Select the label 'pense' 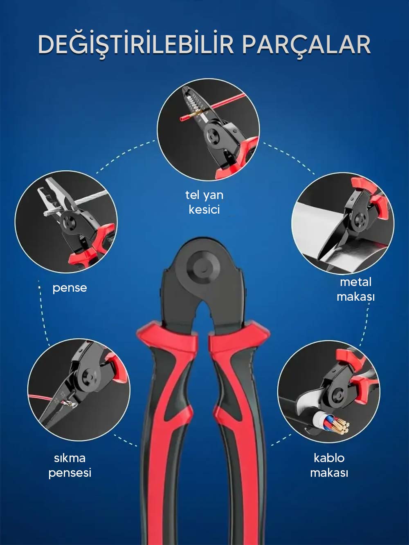coord(70,288)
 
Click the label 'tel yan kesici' coord(204,202)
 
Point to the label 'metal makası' coord(355,290)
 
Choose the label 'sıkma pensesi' coord(70,466)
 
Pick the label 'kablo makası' coord(329,466)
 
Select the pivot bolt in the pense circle coord(67,221)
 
